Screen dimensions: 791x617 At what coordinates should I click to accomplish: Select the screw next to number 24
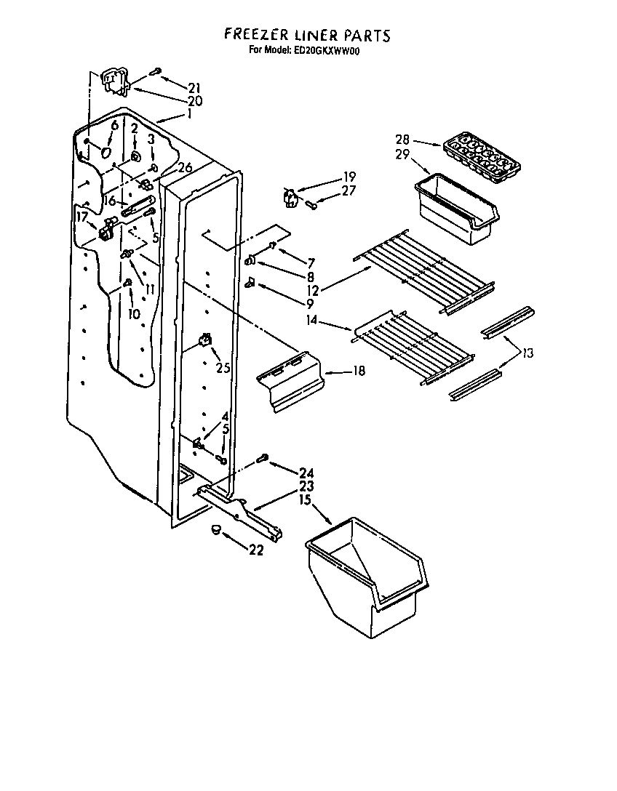pos(263,459)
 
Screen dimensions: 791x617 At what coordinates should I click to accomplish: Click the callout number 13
pos(528,353)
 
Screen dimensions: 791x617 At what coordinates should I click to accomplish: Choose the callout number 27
pos(349,191)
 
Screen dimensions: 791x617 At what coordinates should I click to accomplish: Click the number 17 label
pos(82,217)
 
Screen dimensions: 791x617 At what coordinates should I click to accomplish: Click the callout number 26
pos(184,168)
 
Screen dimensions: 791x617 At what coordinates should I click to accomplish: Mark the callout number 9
pos(289,303)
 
